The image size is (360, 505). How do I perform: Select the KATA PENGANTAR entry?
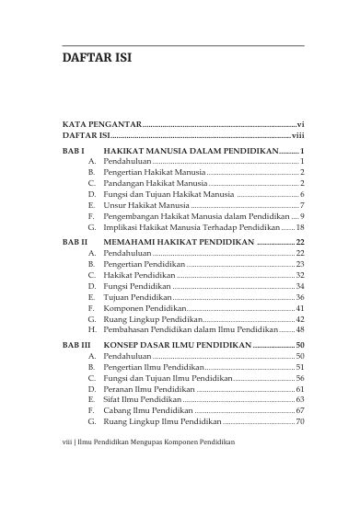pos(101,122)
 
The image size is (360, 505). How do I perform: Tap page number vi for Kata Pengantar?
pos(300,122)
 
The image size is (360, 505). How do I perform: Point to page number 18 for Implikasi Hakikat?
pos(300,225)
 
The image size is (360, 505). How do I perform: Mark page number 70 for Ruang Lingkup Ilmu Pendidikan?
pos(300,421)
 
